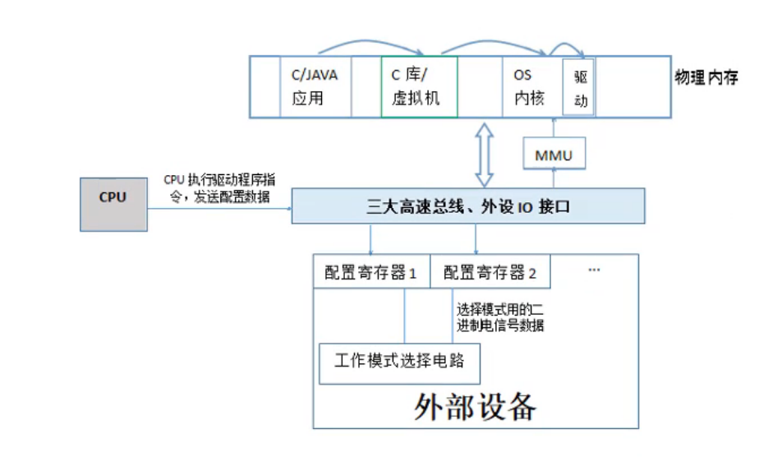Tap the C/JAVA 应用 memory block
(315, 86)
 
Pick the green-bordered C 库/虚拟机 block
(419, 86)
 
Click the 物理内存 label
(706, 78)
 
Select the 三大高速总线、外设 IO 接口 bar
(468, 205)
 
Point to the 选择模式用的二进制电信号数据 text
(499, 317)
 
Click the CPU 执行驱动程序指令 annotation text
(218, 187)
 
